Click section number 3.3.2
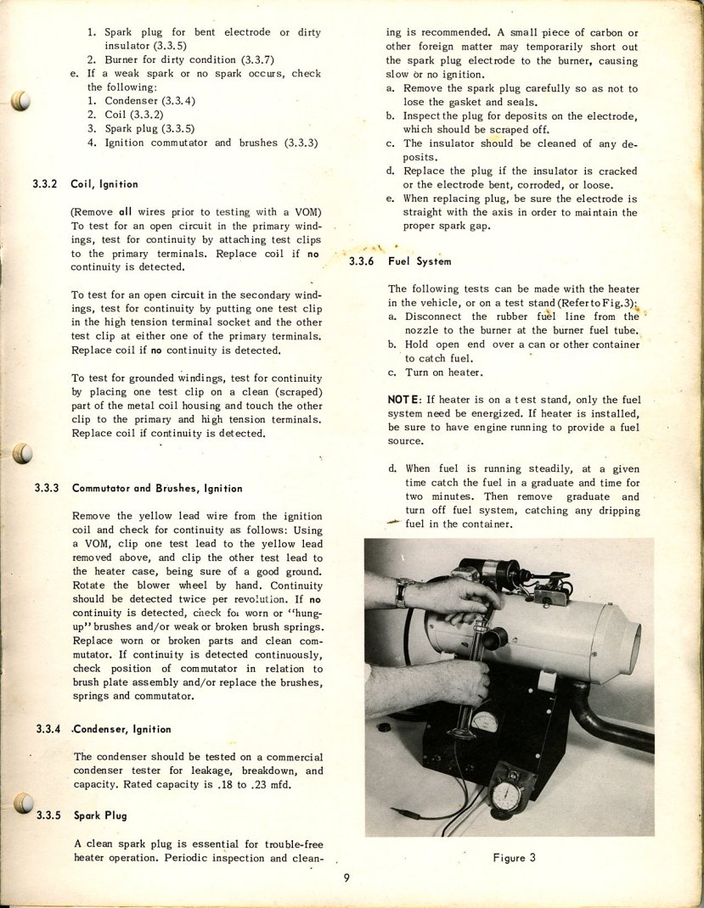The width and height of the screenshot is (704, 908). pyautogui.click(x=47, y=184)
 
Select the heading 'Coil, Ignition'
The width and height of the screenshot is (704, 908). pyautogui.click(x=104, y=184)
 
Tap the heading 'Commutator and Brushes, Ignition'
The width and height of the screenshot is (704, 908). pyautogui.click(x=157, y=488)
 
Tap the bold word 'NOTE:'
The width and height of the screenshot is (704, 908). pyautogui.click(x=406, y=399)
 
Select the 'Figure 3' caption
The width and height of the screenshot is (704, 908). pyautogui.click(x=514, y=857)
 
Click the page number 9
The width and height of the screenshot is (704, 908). pyautogui.click(x=346, y=879)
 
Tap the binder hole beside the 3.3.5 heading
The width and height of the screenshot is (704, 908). pyautogui.click(x=23, y=803)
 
